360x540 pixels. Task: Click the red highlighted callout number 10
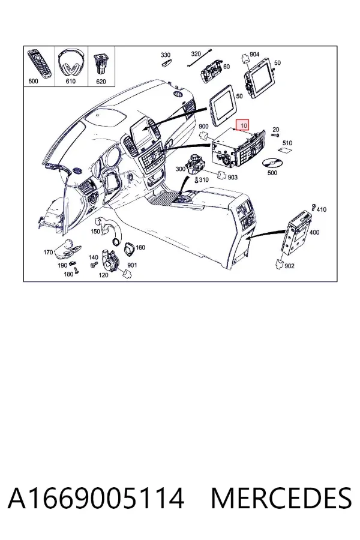pos(244,125)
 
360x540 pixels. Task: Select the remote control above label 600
pos(40,63)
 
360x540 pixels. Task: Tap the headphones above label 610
pos(71,62)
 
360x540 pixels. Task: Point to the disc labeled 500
pos(272,163)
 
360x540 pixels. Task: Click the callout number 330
pos(166,55)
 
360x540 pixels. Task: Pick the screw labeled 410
pos(314,206)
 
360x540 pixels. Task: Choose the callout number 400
pos(314,232)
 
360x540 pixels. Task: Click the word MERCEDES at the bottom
pos(281,498)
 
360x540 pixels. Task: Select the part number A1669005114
pos(96,498)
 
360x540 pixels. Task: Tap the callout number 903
pos(233,177)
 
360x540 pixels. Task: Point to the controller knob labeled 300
pos(196,164)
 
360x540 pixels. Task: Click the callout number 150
pos(95,232)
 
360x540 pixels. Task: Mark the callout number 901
pos(132,265)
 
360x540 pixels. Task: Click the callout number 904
pos(254,55)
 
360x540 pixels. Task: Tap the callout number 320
pos(196,54)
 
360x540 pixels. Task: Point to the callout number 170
pos(48,253)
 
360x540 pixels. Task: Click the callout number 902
pos(289,266)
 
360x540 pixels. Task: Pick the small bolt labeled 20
pos(275,135)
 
